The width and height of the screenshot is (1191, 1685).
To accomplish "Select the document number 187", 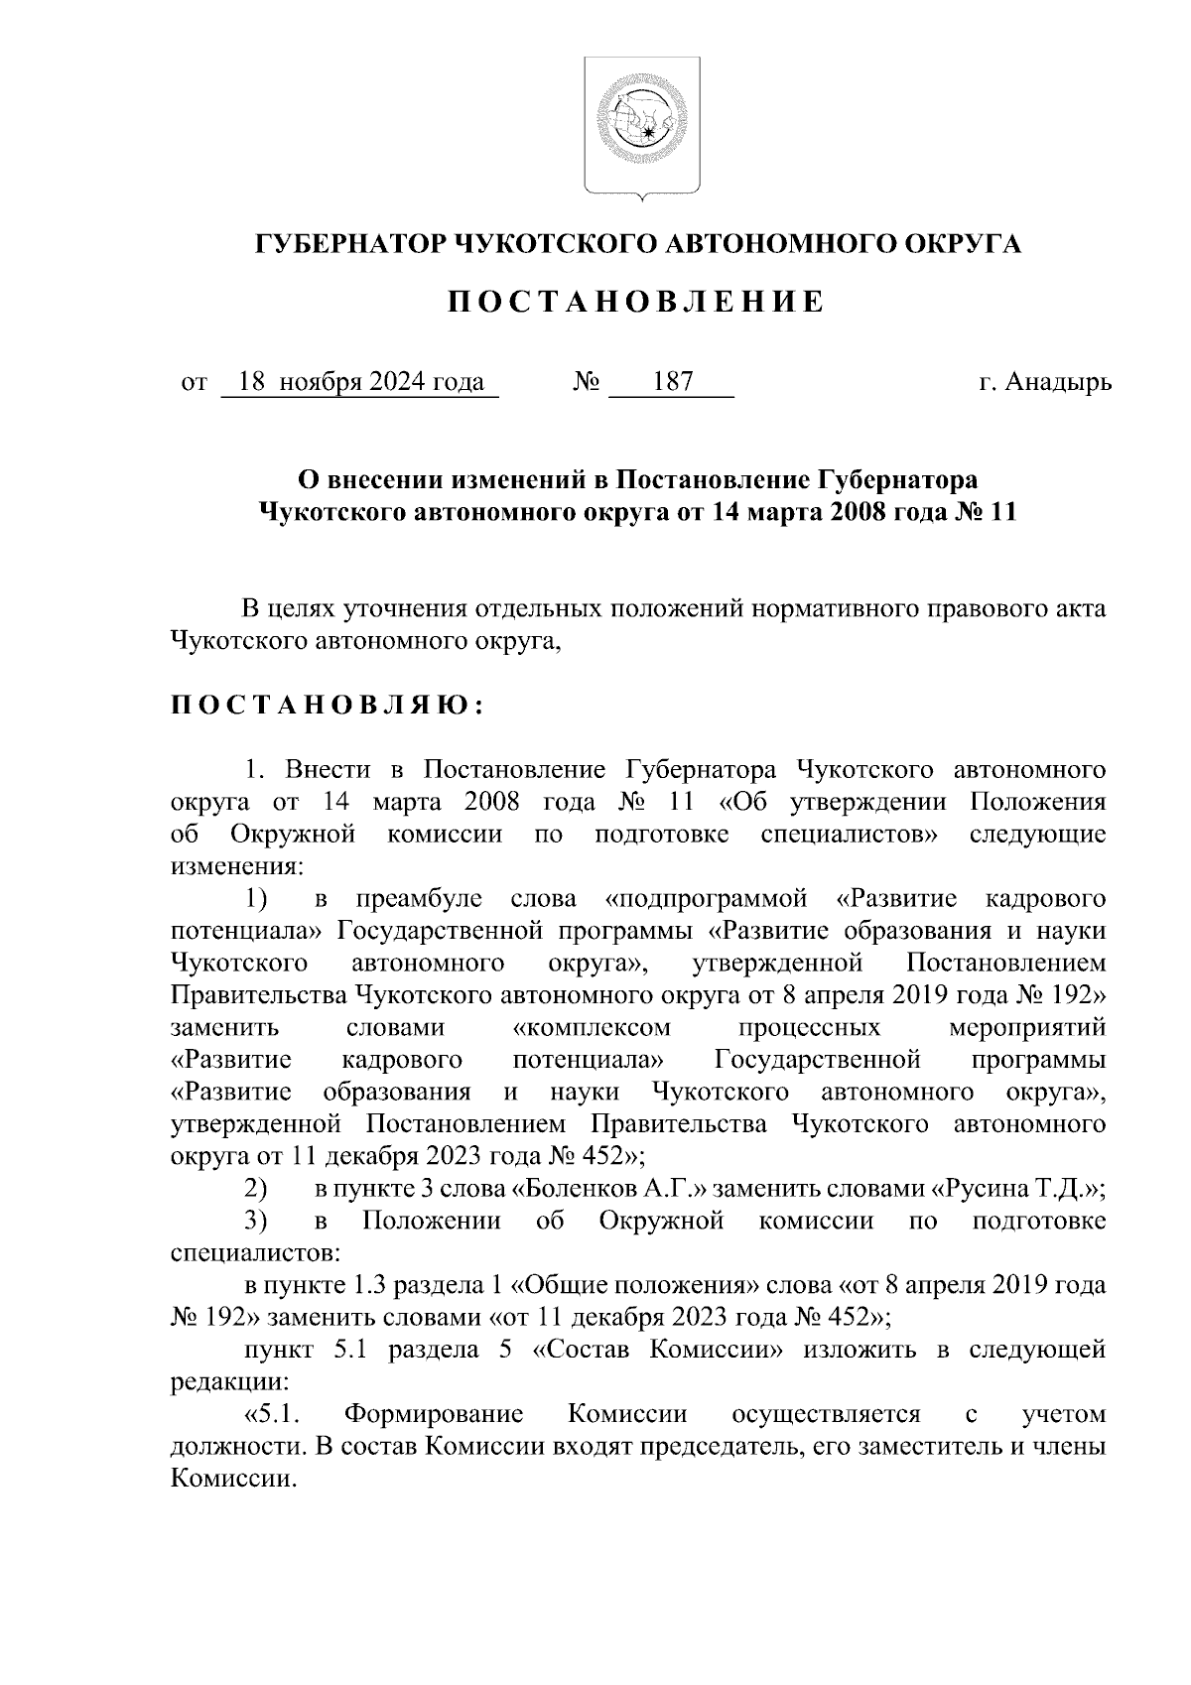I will (672, 382).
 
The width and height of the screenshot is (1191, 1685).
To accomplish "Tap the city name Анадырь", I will (1057, 382).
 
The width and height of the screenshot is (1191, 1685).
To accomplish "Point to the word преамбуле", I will (419, 899).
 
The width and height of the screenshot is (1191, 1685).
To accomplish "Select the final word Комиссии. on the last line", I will (234, 1479).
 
